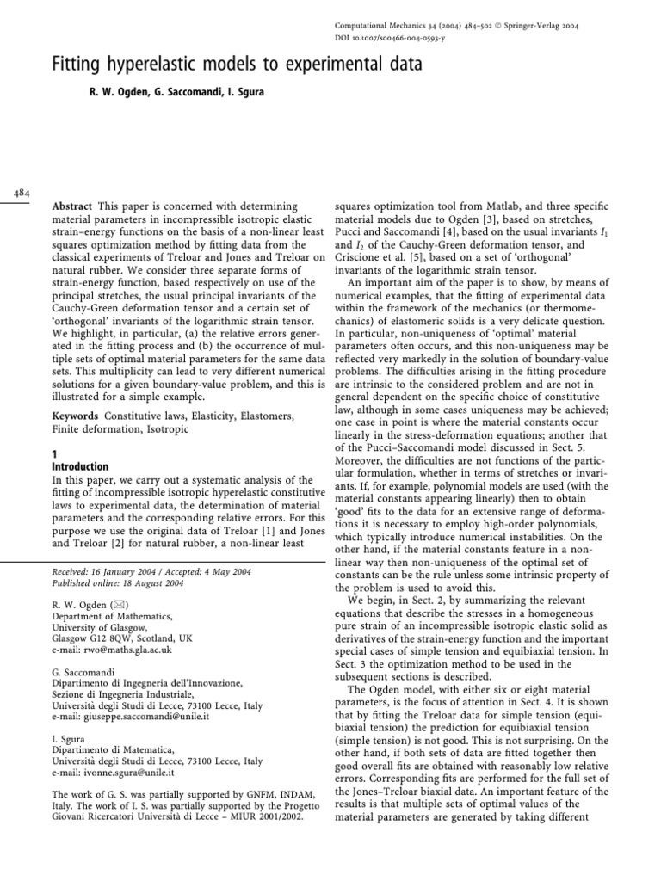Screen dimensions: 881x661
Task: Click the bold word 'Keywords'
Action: [77, 416]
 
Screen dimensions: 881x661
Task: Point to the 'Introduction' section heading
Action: [85, 467]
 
